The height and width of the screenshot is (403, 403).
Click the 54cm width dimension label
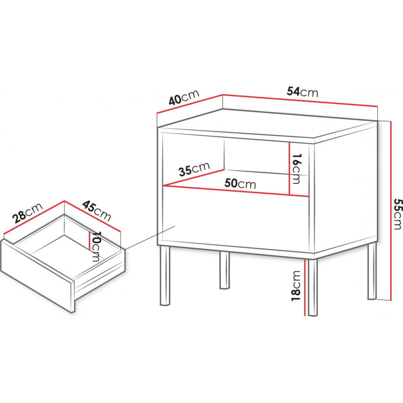302,92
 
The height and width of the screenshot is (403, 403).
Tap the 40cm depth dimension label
184,98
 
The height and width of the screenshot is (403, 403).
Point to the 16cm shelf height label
297,168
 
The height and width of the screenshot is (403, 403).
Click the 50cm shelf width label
240,183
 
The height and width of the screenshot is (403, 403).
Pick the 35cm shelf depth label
194,169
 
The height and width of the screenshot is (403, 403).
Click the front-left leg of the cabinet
165,275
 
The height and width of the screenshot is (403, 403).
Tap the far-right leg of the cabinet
372,271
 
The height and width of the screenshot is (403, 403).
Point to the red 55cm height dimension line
391,210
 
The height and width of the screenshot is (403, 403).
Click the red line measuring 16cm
290,168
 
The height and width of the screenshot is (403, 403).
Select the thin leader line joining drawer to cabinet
150,238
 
